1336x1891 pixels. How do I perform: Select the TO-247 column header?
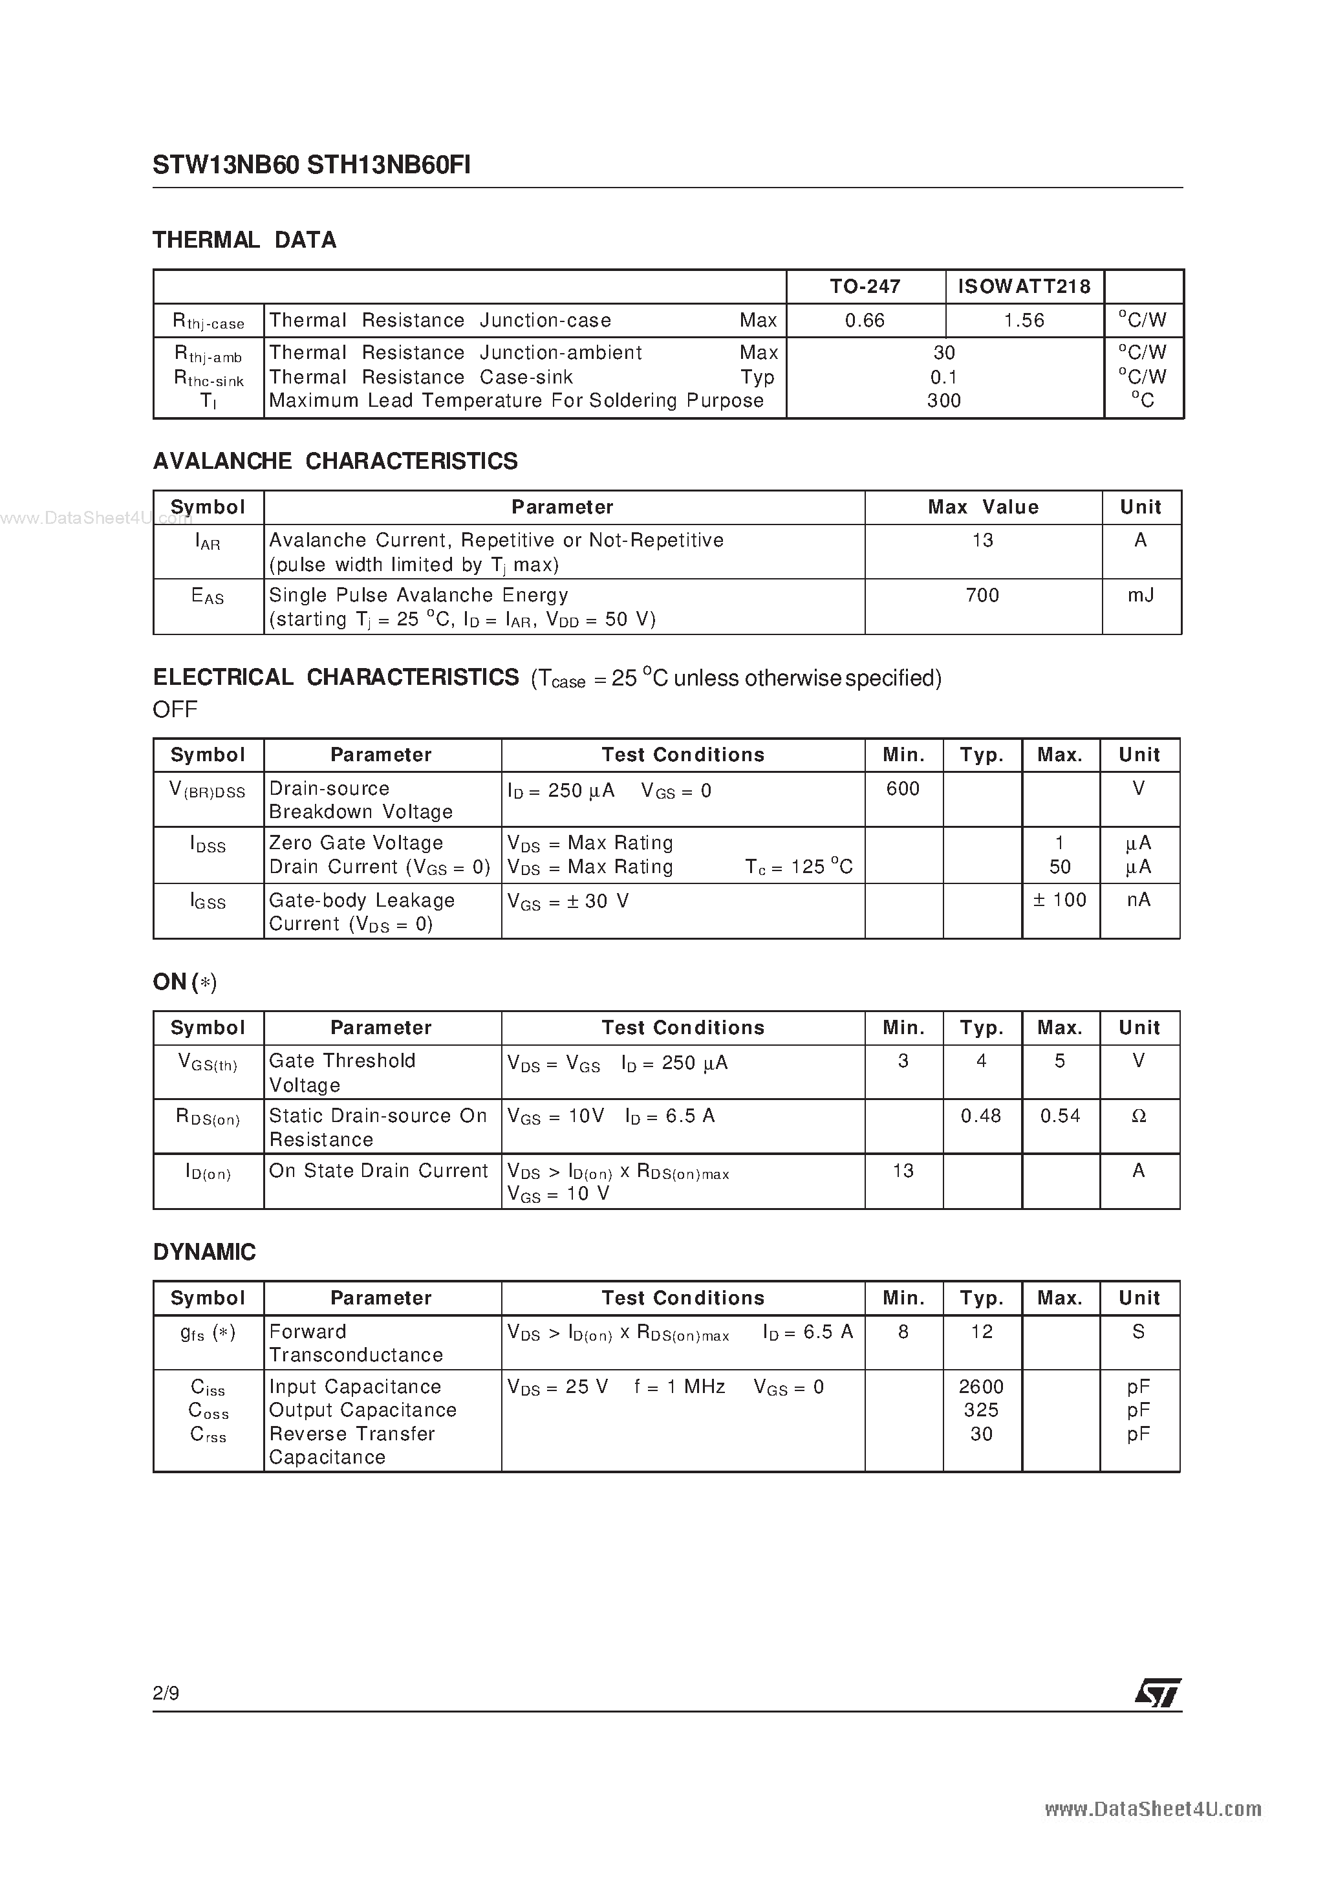point(865,286)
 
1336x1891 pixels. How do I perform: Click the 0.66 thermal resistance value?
point(865,320)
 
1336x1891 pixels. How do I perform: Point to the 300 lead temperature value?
point(944,401)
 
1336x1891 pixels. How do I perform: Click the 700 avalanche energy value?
point(983,596)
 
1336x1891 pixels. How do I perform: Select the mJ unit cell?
point(1141,596)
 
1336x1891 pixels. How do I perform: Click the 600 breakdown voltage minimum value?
point(903,789)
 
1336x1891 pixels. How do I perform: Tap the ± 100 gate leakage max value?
point(1060,900)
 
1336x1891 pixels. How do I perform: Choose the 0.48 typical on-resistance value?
point(981,1116)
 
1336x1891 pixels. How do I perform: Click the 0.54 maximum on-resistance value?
point(1060,1116)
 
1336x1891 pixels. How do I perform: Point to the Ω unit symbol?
point(1139,1116)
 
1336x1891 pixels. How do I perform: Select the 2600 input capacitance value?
point(981,1387)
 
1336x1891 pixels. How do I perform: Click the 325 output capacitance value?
point(981,1410)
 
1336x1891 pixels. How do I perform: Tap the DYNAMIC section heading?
point(204,1252)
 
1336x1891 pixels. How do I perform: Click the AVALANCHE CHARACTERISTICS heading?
point(335,461)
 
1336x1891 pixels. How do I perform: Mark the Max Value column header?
point(983,507)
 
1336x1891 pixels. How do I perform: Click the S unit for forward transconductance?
point(1139,1332)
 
